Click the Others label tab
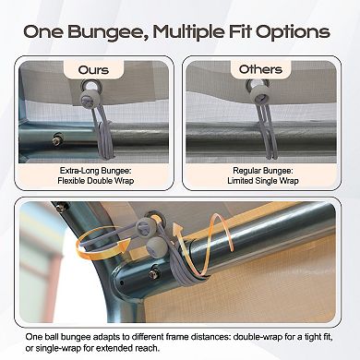point(260,69)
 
